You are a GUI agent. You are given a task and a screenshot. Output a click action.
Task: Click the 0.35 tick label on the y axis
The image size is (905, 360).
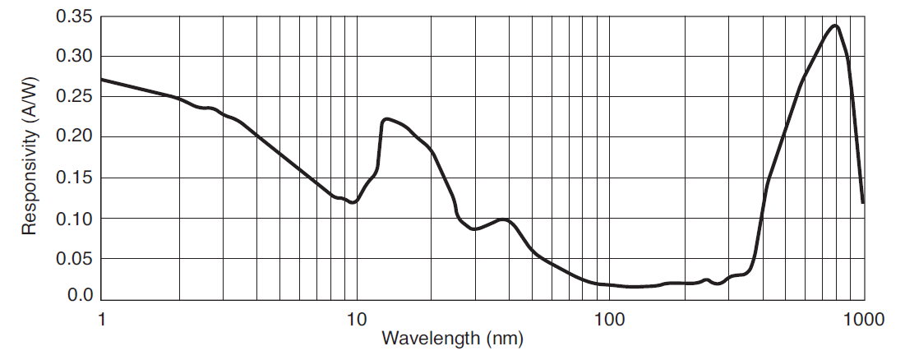(74, 16)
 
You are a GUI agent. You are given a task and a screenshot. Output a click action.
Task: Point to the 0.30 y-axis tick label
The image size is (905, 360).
(74, 57)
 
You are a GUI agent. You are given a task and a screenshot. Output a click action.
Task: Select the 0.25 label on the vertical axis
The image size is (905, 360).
(74, 97)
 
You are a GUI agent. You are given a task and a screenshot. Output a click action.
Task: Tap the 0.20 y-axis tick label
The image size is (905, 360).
(74, 137)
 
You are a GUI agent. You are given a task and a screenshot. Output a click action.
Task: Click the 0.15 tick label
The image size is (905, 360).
(74, 178)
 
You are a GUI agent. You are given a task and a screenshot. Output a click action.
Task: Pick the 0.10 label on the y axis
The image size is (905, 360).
(74, 218)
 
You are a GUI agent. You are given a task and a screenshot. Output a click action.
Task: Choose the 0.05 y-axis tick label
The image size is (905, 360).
(74, 259)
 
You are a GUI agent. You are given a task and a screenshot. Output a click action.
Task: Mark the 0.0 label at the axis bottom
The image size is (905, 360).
(80, 295)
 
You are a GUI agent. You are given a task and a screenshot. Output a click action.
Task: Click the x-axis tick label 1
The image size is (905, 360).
(102, 318)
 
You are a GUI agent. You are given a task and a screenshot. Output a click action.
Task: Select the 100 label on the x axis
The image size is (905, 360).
(609, 318)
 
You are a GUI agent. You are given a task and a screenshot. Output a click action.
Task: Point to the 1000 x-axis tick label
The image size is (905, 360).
(863, 318)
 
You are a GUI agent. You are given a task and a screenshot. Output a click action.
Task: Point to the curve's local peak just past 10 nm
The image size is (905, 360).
(386, 119)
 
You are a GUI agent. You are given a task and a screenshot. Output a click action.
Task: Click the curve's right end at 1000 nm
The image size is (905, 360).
(863, 202)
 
